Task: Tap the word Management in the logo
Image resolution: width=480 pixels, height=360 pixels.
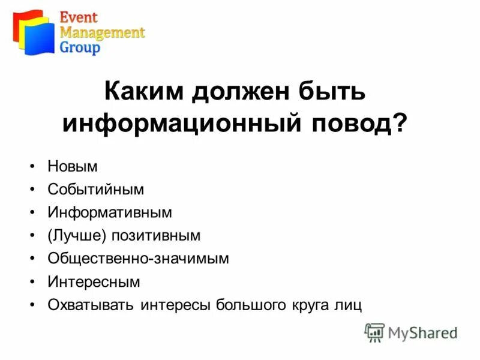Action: (102, 32)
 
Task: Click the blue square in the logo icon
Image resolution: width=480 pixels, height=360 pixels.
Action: (40, 40)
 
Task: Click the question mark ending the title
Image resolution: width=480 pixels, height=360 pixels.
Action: (398, 124)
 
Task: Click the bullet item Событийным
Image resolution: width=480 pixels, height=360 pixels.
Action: (96, 190)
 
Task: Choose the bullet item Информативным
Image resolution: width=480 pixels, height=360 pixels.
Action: (110, 212)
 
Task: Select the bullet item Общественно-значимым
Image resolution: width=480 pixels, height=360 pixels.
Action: (138, 259)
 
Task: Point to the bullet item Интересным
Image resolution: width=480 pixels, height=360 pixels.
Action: (94, 281)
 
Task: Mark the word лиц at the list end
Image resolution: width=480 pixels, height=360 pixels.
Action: (349, 305)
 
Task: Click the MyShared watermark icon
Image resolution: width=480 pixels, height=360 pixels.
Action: (374, 332)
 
